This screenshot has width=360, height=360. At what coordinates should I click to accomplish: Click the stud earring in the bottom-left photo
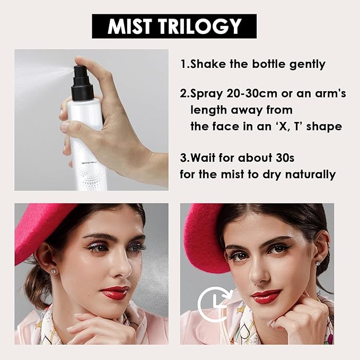pyautogui.click(x=55, y=271)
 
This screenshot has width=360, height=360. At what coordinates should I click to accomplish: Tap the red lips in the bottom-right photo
pyautogui.click(x=266, y=296)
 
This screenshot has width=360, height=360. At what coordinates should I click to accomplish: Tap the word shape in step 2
pyautogui.click(x=322, y=127)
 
